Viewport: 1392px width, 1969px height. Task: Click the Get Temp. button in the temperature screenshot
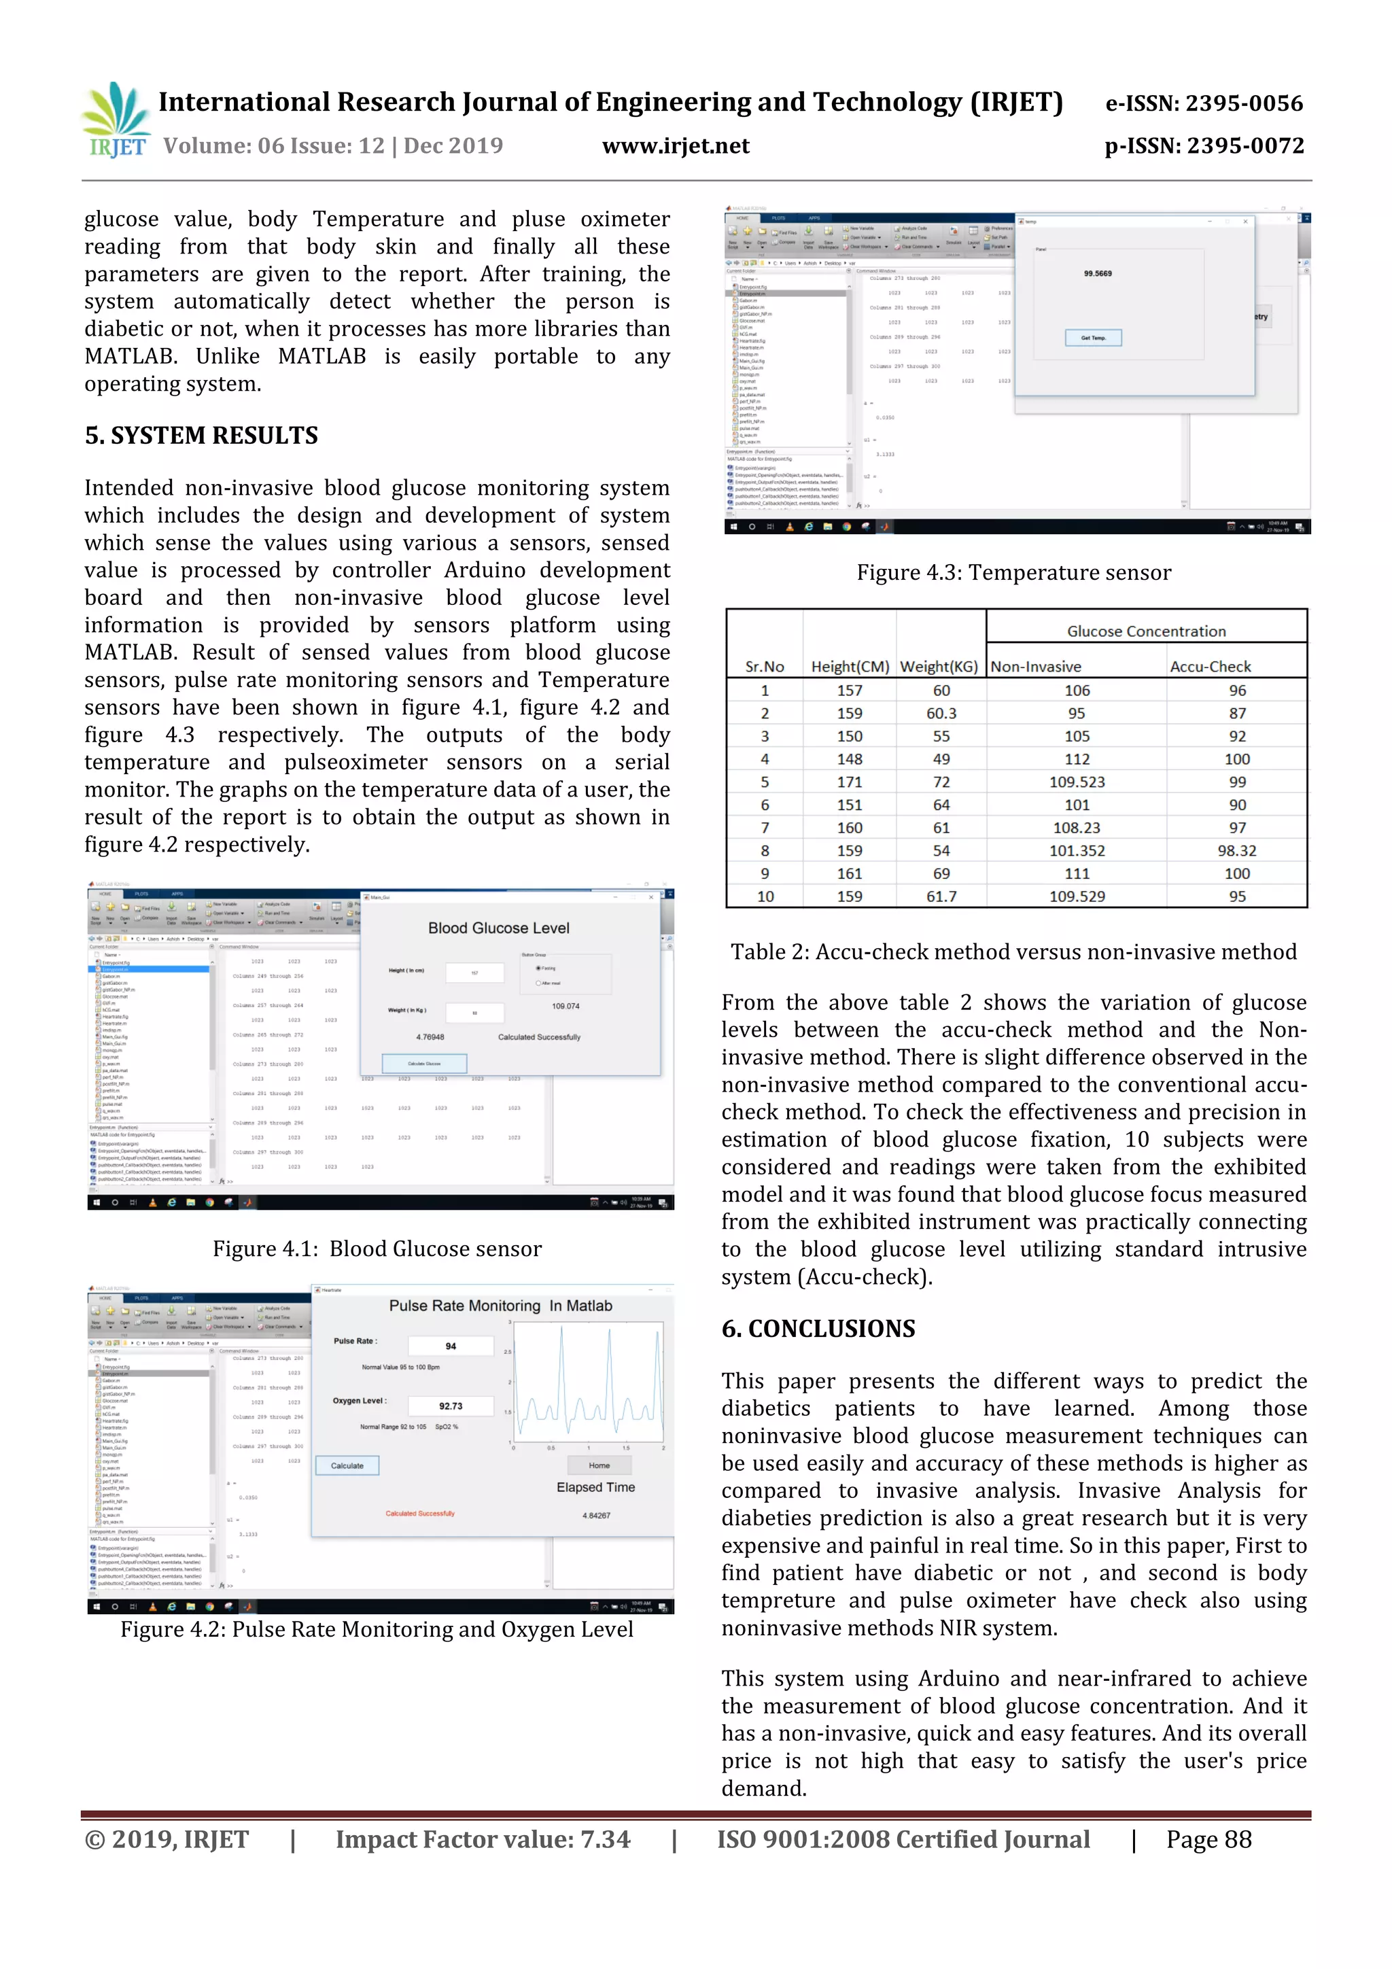click(1093, 338)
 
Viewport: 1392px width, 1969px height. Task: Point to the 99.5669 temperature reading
click(1097, 274)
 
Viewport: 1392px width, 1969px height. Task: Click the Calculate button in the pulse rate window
click(347, 1465)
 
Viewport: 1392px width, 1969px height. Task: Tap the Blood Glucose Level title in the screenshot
click(498, 928)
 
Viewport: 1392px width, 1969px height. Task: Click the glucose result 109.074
click(565, 1006)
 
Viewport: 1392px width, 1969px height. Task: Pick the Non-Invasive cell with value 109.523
click(1077, 782)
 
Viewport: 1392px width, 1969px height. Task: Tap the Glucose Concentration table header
click(1146, 631)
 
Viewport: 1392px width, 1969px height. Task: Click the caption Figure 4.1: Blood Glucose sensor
click(377, 1249)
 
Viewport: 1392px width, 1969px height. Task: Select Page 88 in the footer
click(1208, 1839)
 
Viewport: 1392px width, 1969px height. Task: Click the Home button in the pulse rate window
click(599, 1465)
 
